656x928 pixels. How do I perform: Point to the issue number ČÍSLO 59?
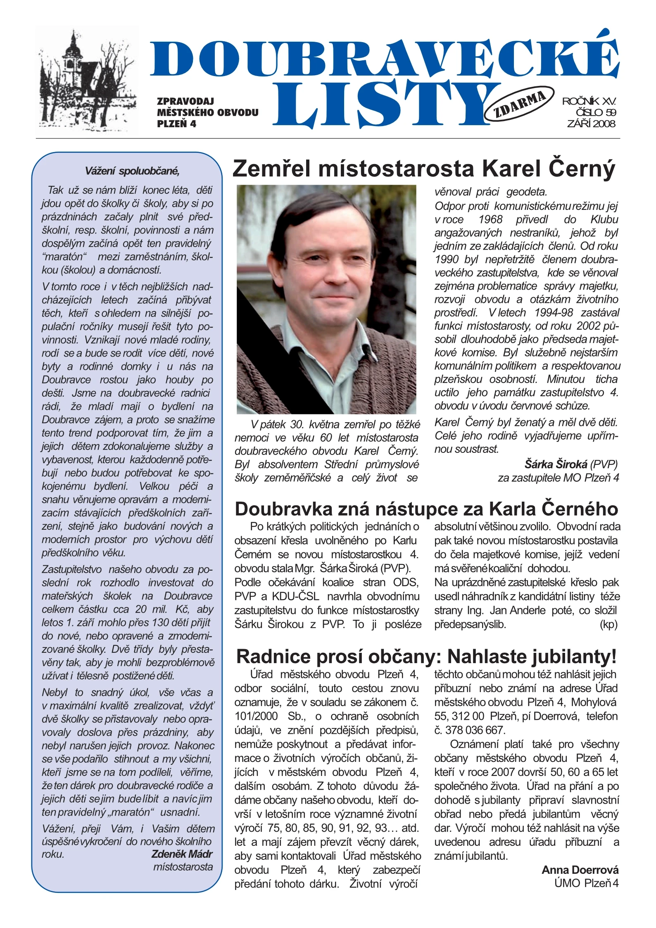tap(596, 112)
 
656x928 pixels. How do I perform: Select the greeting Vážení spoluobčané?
tap(132, 171)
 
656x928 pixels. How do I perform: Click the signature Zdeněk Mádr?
tap(182, 854)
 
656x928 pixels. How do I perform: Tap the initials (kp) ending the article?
tap(608, 624)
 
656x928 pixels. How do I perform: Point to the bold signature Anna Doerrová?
tap(580, 870)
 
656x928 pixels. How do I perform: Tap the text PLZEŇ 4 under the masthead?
tap(176, 124)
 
